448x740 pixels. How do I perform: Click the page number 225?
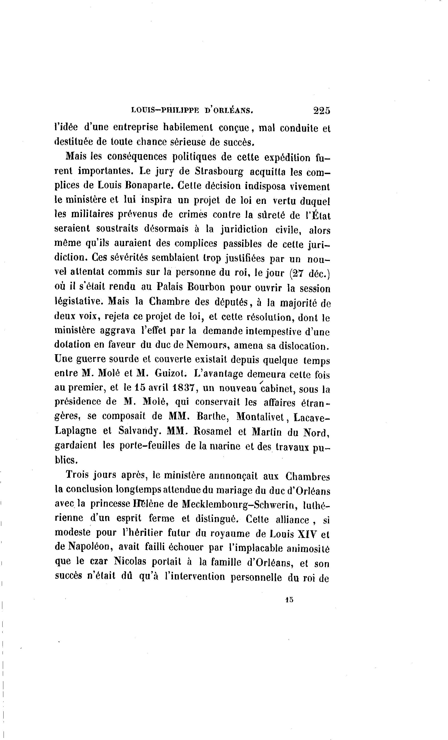tap(321, 111)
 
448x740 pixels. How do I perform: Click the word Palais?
tap(169, 287)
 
